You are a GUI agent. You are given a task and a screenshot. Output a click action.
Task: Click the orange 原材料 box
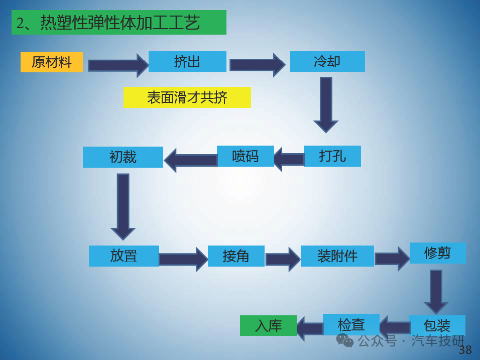[51, 62]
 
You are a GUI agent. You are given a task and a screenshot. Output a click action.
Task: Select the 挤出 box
[187, 62]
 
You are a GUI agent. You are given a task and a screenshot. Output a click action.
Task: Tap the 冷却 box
[327, 62]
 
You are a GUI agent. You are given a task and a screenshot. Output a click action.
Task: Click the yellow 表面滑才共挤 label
[187, 97]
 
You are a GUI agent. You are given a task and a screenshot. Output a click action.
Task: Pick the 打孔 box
[332, 156]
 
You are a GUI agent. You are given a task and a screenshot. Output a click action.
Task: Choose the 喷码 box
[245, 156]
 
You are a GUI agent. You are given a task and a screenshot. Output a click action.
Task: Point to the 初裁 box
[123, 157]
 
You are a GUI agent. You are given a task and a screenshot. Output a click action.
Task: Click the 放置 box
[124, 256]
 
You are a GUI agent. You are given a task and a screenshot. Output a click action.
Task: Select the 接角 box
[236, 256]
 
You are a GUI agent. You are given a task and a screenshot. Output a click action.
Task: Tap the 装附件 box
[337, 256]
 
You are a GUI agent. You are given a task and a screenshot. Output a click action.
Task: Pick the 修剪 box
[437, 253]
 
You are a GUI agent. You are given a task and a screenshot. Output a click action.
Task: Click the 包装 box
[437, 325]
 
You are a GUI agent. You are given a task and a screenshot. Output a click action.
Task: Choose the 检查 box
[351, 324]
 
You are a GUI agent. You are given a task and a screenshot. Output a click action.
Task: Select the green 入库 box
[268, 325]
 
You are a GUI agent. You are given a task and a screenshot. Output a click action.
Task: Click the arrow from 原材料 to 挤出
[118, 65]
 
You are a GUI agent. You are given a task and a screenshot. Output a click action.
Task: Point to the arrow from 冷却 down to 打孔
[326, 105]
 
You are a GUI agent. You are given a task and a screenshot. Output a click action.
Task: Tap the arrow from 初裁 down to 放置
[123, 207]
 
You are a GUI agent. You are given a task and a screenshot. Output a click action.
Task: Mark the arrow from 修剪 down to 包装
[436, 291]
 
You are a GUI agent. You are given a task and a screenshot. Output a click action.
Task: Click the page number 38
[465, 349]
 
